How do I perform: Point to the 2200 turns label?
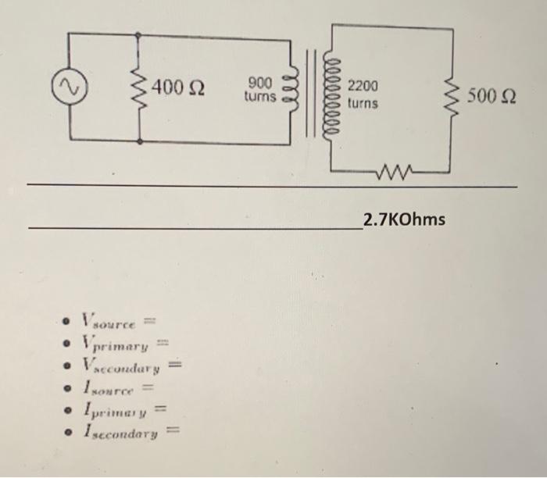coord(363,94)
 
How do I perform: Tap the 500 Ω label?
coord(492,97)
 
